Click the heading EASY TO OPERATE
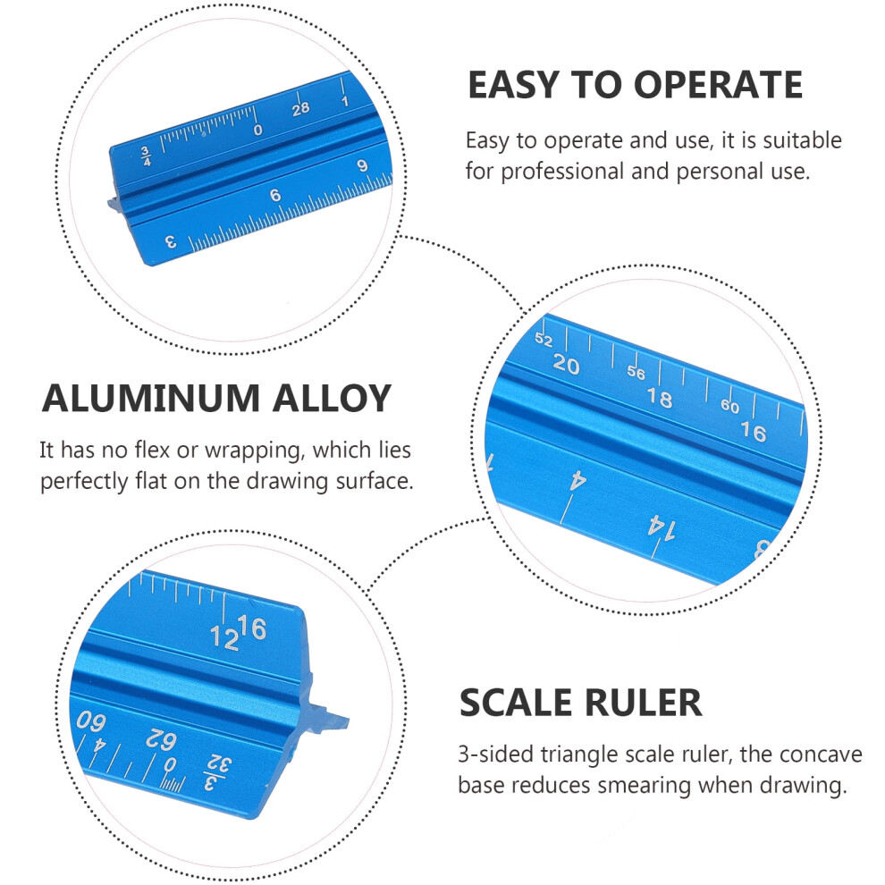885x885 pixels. (x=635, y=85)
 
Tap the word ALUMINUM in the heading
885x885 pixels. (x=151, y=399)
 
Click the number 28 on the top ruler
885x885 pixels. (x=301, y=108)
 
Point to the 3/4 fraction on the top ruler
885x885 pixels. (x=147, y=156)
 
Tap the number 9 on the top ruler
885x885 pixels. (x=362, y=165)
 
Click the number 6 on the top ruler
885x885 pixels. (x=274, y=195)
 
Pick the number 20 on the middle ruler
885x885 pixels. (x=566, y=365)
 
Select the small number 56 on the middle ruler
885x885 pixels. (x=636, y=372)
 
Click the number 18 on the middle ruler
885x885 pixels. (x=659, y=398)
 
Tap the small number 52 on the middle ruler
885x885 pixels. (x=544, y=339)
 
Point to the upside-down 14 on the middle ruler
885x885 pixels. (x=661, y=527)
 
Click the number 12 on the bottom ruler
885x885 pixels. (x=224, y=638)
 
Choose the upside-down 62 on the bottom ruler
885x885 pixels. (x=162, y=739)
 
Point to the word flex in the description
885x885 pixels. (x=152, y=450)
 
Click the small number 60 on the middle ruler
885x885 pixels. (x=729, y=405)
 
